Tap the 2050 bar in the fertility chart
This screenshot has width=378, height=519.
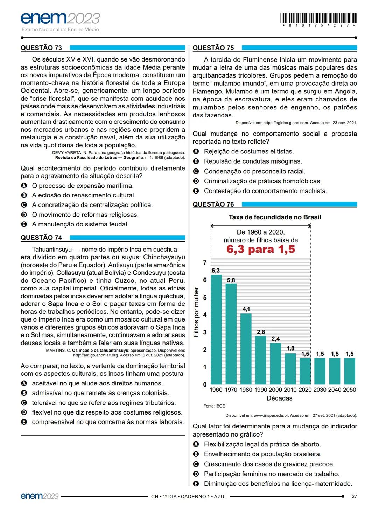(x=350, y=371)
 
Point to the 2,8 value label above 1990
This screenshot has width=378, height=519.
(x=261, y=332)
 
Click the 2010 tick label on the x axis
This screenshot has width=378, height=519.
(x=290, y=390)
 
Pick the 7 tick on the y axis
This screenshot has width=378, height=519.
(x=205, y=263)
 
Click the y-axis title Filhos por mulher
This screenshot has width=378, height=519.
(x=196, y=312)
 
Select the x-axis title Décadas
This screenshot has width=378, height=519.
(x=279, y=398)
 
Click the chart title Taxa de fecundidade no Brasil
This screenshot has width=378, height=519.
(x=275, y=217)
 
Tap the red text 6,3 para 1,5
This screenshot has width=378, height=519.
(x=261, y=249)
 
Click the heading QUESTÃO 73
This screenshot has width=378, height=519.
(x=41, y=48)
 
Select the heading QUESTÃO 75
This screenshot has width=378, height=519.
(x=213, y=48)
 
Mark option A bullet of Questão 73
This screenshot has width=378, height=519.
(x=24, y=186)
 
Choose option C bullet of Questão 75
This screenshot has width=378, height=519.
(x=196, y=171)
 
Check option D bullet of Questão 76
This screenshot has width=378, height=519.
(x=196, y=474)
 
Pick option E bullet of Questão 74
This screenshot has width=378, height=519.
(x=24, y=422)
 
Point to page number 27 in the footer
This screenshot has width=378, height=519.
(x=354, y=496)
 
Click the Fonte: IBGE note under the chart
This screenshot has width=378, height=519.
(x=214, y=406)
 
